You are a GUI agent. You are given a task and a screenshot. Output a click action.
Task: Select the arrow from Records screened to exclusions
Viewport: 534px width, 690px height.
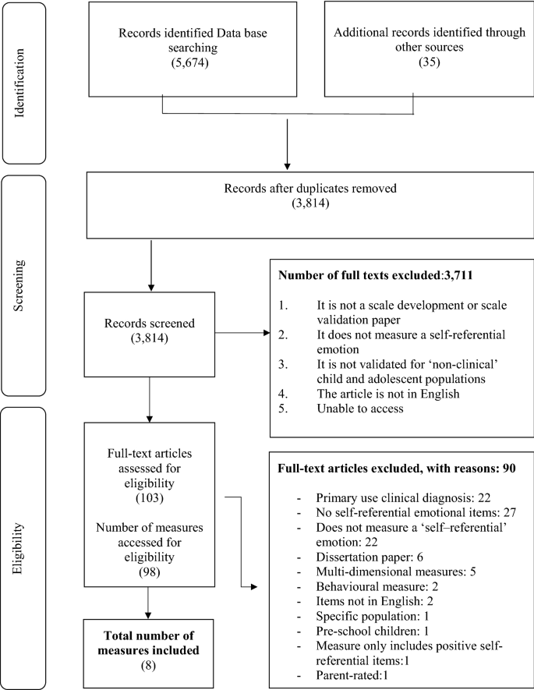pos(242,334)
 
